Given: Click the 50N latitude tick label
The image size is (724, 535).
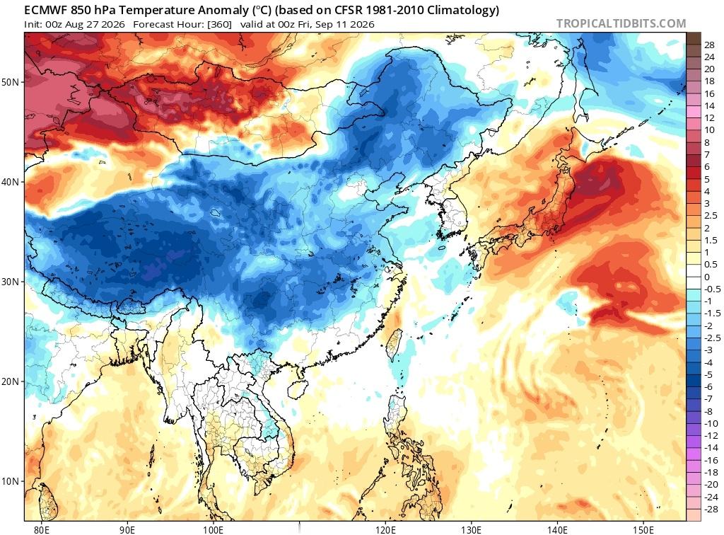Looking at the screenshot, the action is point(10,82).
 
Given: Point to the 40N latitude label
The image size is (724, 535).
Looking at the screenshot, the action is point(10,182).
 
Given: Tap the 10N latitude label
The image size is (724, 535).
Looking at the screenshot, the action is point(10,481).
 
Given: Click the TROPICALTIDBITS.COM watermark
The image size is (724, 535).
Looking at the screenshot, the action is point(621,23).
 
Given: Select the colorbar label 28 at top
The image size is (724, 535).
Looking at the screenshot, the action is point(710,45).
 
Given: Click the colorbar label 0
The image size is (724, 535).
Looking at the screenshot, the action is point(707,277).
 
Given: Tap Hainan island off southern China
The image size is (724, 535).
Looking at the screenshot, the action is point(298,388).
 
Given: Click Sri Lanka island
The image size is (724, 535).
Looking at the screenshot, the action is point(49,501).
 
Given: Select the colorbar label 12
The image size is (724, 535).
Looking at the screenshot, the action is point(710,118).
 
